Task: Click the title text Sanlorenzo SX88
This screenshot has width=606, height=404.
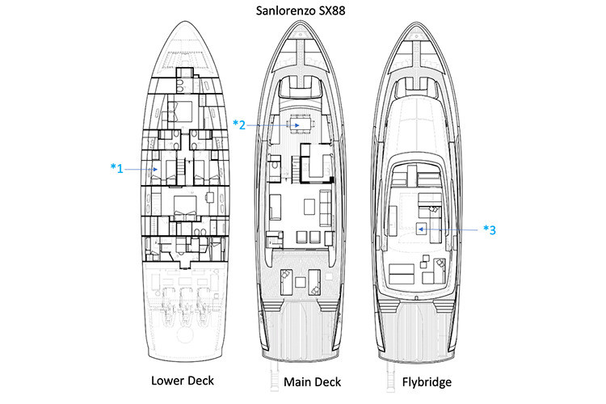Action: (x=304, y=11)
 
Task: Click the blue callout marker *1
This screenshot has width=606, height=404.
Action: (x=116, y=168)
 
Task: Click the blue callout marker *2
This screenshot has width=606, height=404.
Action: (x=238, y=124)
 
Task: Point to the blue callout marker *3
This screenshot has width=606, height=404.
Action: (x=489, y=229)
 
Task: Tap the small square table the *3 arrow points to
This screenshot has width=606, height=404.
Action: (x=421, y=229)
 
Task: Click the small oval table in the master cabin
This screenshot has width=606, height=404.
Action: (x=209, y=197)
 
